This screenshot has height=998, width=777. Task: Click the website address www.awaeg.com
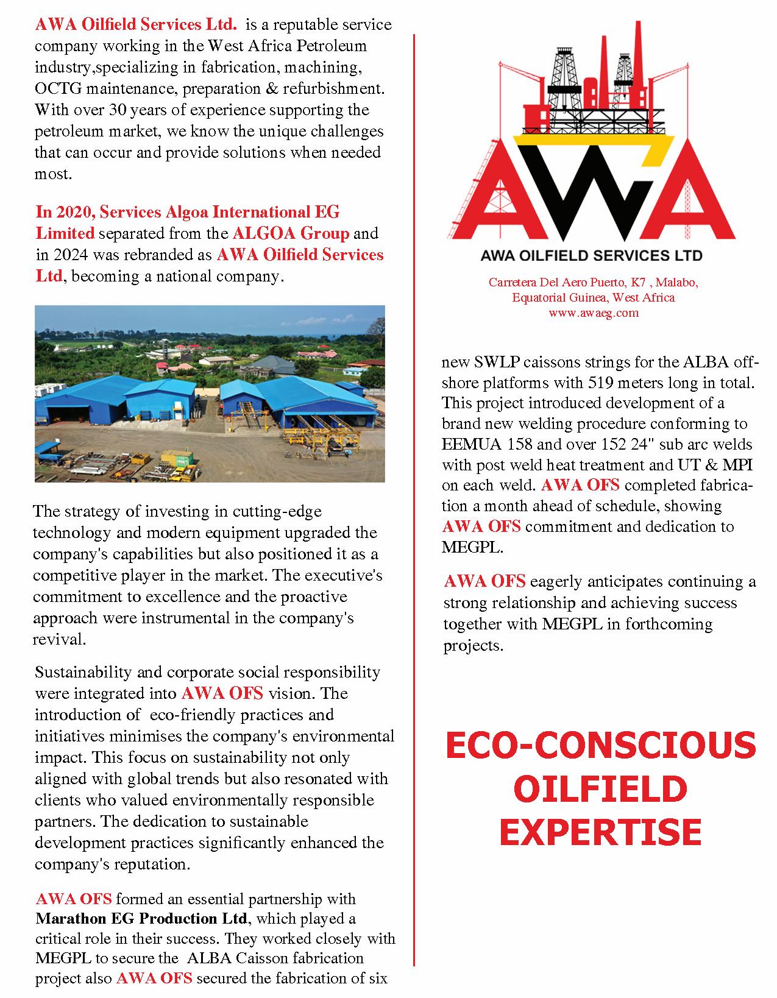click(593, 313)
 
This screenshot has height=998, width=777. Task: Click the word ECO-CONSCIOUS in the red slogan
click(600, 746)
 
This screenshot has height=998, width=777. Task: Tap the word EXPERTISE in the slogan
click(600, 832)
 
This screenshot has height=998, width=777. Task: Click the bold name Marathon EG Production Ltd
click(142, 918)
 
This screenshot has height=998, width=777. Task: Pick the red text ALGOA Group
click(291, 233)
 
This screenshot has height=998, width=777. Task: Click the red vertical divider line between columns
click(414, 487)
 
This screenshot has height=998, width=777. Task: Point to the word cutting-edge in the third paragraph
click(280, 511)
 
